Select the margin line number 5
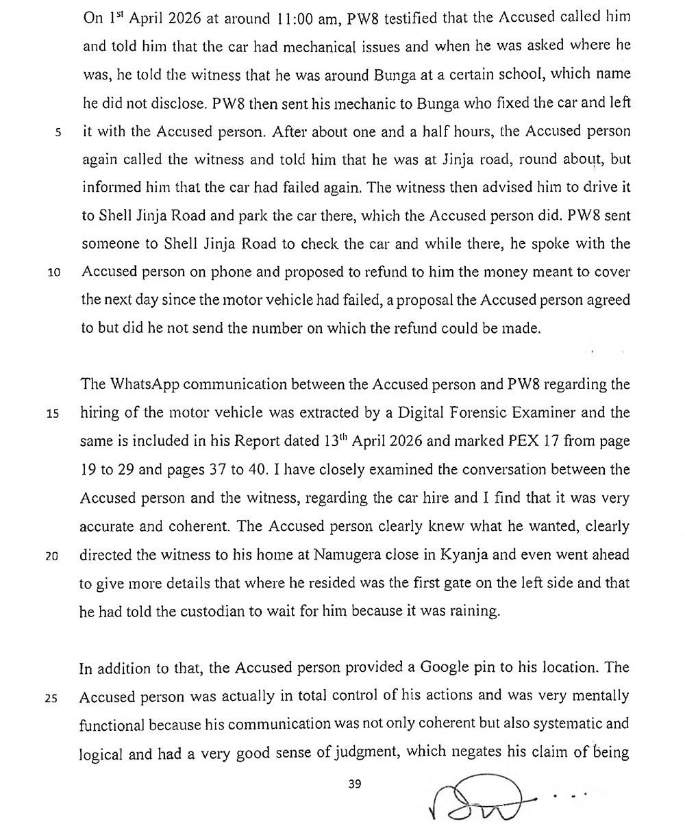click(58, 132)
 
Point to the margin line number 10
click(55, 273)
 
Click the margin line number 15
click(55, 414)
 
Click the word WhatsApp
click(142, 385)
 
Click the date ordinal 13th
click(336, 441)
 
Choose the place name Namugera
click(348, 555)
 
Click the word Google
click(446, 669)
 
